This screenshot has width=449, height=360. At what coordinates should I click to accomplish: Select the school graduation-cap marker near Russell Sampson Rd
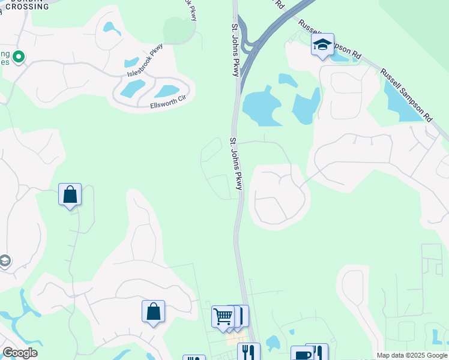(322, 45)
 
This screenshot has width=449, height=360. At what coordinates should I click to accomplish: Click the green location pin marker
(19, 58)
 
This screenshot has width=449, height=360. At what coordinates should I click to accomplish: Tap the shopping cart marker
(223, 316)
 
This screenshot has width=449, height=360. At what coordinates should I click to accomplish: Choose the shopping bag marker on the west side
(70, 195)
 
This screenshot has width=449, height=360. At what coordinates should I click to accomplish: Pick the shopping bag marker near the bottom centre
(153, 312)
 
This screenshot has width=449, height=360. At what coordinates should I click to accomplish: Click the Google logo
(20, 353)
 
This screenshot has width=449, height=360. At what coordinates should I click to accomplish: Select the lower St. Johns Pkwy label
(235, 164)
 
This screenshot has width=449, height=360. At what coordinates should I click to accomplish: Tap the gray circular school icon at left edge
(5, 262)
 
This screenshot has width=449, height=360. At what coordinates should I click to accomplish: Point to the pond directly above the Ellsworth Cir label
(167, 91)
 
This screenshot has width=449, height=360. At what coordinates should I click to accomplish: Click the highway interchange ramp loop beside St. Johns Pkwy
(255, 45)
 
